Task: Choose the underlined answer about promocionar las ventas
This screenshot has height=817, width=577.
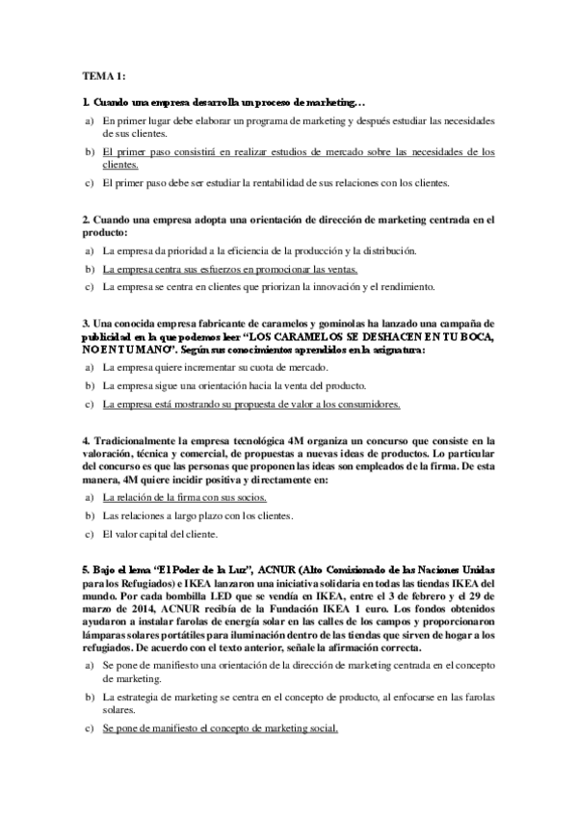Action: (x=229, y=269)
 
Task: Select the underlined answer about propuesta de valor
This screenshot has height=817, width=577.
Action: (x=250, y=404)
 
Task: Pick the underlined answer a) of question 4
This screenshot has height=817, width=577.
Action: (x=184, y=498)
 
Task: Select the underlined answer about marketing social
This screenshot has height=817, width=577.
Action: (x=220, y=728)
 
